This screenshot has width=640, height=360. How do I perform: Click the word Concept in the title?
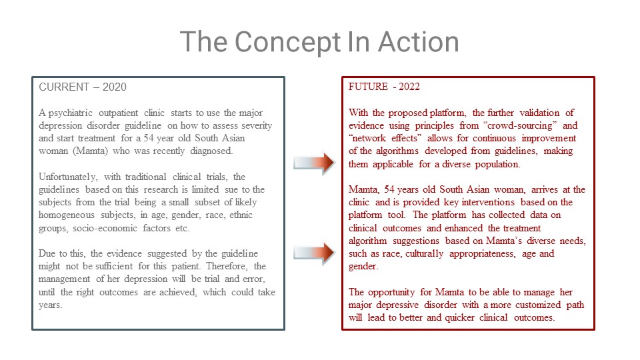pyautogui.click(x=288, y=43)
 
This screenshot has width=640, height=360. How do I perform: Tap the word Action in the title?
pyautogui.click(x=419, y=41)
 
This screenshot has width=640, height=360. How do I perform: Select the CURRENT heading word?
pyautogui.click(x=64, y=87)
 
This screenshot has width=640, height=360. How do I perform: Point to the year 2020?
pyautogui.click(x=114, y=87)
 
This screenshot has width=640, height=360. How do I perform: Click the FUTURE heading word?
pyautogui.click(x=368, y=87)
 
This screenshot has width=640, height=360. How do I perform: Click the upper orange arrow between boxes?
pyautogui.click(x=314, y=163)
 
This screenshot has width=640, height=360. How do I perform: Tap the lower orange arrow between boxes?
pyautogui.click(x=314, y=253)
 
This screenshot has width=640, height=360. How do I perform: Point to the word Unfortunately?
pyautogui.click(x=68, y=177)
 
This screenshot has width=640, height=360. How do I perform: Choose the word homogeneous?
pyautogui.click(x=67, y=215)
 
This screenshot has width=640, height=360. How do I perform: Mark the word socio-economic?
pyautogui.click(x=105, y=228)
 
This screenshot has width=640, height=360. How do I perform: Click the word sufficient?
pyautogui.click(x=114, y=266)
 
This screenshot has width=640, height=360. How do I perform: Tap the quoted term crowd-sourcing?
pyautogui.click(x=519, y=125)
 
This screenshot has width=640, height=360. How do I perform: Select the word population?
pyautogui.click(x=497, y=165)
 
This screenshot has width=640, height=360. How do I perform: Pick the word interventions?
pyautogui.click(x=489, y=203)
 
